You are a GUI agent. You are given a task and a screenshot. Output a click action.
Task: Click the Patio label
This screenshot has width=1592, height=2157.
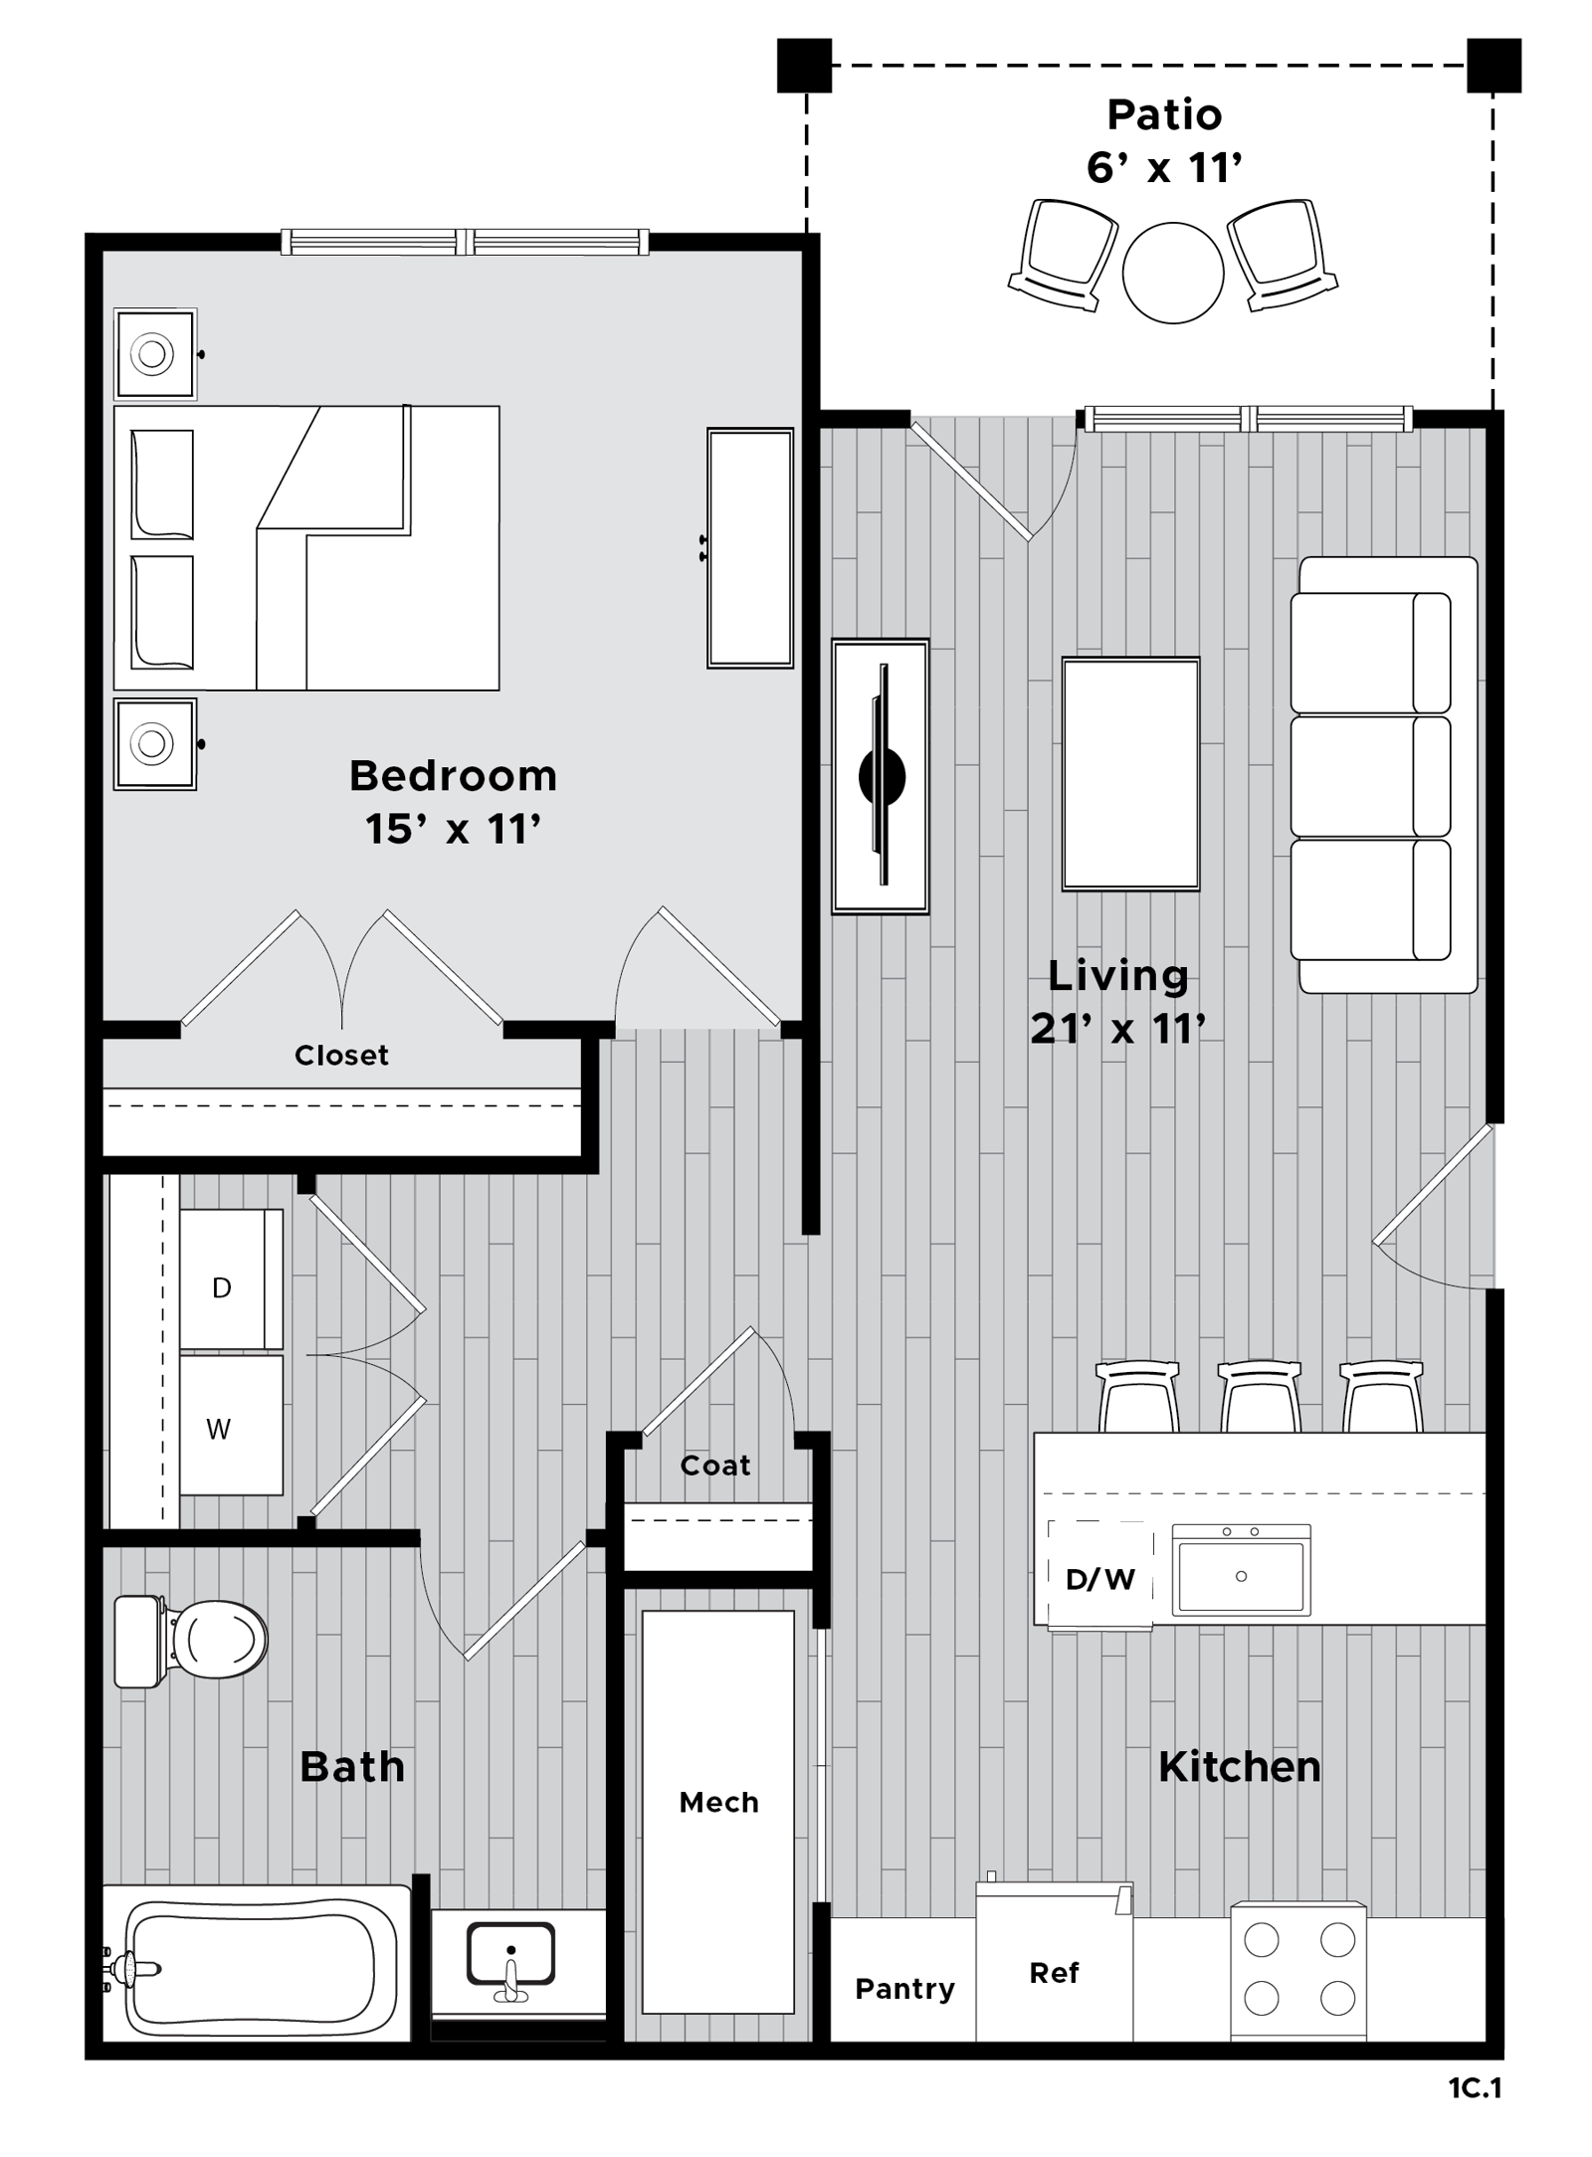pos(1164,114)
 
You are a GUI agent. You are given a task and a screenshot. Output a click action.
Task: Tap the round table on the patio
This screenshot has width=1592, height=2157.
pos(1173,273)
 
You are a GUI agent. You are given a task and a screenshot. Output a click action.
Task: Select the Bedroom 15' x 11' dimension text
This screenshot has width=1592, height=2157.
pos(454,828)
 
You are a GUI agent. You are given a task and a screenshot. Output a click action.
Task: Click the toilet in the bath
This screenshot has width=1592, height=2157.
pos(191,1642)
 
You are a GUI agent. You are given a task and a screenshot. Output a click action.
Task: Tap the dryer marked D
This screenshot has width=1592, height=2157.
pos(231,1279)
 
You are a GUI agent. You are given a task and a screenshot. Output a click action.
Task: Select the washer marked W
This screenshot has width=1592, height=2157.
pos(231,1425)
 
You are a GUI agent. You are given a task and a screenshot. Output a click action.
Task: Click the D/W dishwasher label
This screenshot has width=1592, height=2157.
pos(1099,1579)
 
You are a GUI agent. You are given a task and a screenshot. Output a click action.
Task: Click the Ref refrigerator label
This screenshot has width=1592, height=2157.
pos(1054,1973)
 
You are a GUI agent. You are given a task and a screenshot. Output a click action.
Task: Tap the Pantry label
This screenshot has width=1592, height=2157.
pos(904,1989)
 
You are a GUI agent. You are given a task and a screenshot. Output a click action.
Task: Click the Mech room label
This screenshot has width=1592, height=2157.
pos(718,1802)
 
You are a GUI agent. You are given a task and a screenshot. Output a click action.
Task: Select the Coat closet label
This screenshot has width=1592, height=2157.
pos(715,1466)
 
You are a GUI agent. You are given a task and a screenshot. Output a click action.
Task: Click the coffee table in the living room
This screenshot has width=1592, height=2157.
pos(1130,773)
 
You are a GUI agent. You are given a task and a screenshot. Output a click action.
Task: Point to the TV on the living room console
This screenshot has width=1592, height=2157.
pos(882,776)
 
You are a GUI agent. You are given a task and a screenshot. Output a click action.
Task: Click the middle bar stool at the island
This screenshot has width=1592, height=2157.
pos(1260,1396)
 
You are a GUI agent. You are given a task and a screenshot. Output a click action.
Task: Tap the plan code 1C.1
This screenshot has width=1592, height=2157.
pos(1475,2088)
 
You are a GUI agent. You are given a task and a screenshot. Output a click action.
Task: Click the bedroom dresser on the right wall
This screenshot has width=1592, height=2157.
pos(750,547)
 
